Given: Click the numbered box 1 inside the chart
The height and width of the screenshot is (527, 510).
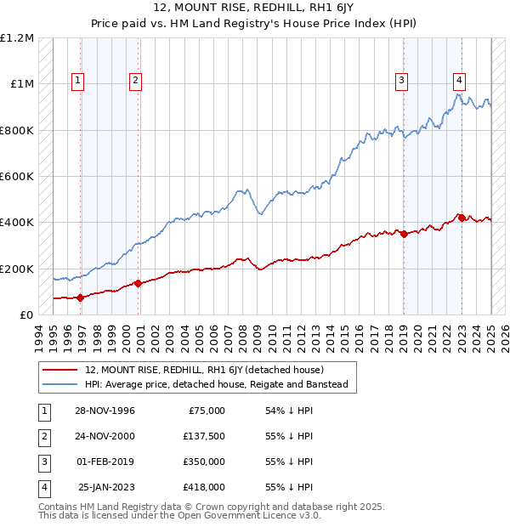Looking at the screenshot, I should (77, 81).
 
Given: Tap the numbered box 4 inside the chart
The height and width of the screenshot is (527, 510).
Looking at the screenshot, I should (459, 81).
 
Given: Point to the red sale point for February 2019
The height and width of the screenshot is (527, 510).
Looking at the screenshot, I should (404, 235).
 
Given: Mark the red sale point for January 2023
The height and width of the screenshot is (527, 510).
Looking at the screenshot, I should (462, 218).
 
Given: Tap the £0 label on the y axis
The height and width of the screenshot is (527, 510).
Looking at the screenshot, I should (26, 315).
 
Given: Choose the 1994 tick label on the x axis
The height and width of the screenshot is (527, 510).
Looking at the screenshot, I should (38, 336).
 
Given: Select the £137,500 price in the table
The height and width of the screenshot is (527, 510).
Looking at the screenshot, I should (204, 436).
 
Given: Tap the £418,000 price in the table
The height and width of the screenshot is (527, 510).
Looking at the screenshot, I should (204, 487).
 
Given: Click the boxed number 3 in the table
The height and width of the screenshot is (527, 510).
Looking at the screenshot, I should (42, 462).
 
